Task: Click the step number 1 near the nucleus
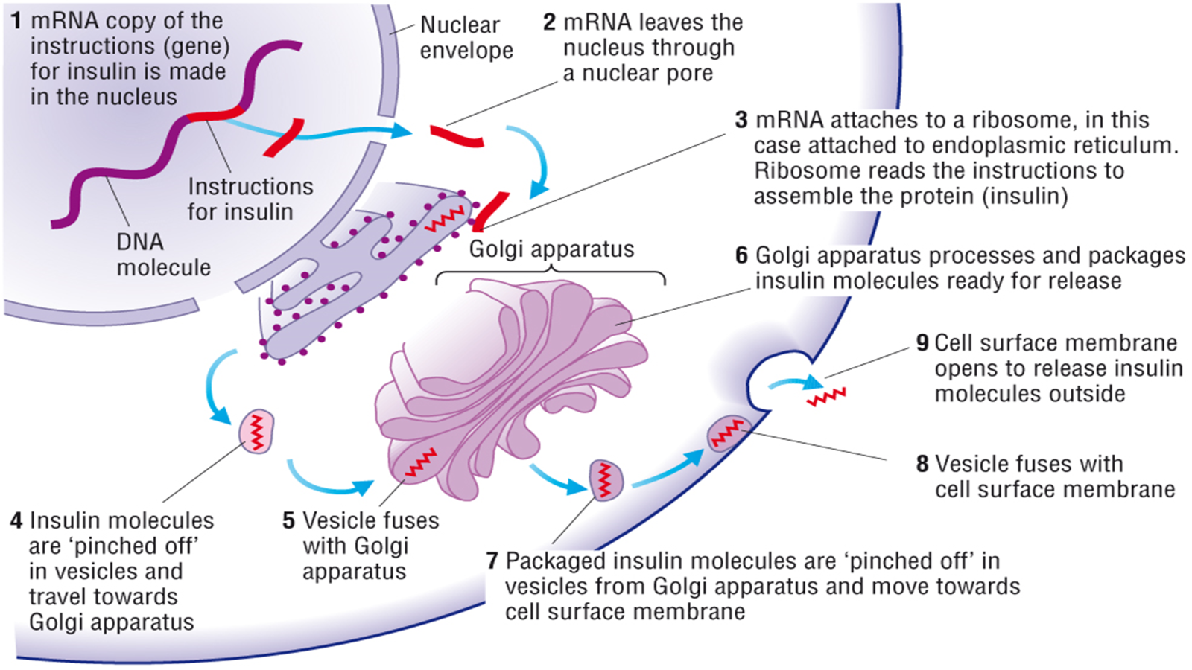tap(16, 21)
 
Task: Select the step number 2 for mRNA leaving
tap(549, 22)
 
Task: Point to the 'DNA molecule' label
tap(163, 255)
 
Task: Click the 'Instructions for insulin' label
tap(250, 199)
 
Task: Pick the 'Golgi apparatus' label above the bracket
tap(551, 249)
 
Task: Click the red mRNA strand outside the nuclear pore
tap(457, 136)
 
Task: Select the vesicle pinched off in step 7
tap(606, 479)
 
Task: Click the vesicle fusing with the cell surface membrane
tap(726, 433)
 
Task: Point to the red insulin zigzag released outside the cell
tap(826, 397)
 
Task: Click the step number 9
tap(922, 343)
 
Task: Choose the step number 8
tap(922, 464)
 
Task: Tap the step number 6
tap(741, 255)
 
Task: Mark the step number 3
tap(741, 120)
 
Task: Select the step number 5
tap(289, 520)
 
